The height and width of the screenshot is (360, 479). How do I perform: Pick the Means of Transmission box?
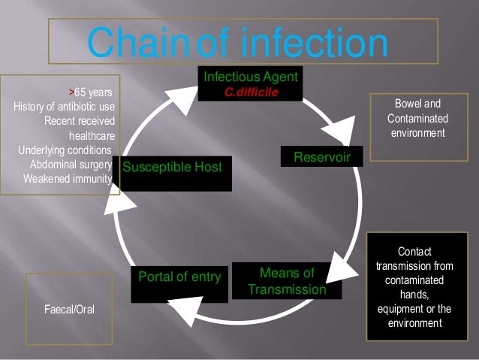[286, 280]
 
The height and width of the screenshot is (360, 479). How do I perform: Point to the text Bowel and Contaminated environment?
[417, 119]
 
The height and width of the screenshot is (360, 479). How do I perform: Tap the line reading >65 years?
[91, 93]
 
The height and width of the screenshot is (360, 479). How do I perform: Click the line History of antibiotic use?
[64, 107]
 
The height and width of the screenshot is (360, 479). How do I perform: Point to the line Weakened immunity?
[68, 179]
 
